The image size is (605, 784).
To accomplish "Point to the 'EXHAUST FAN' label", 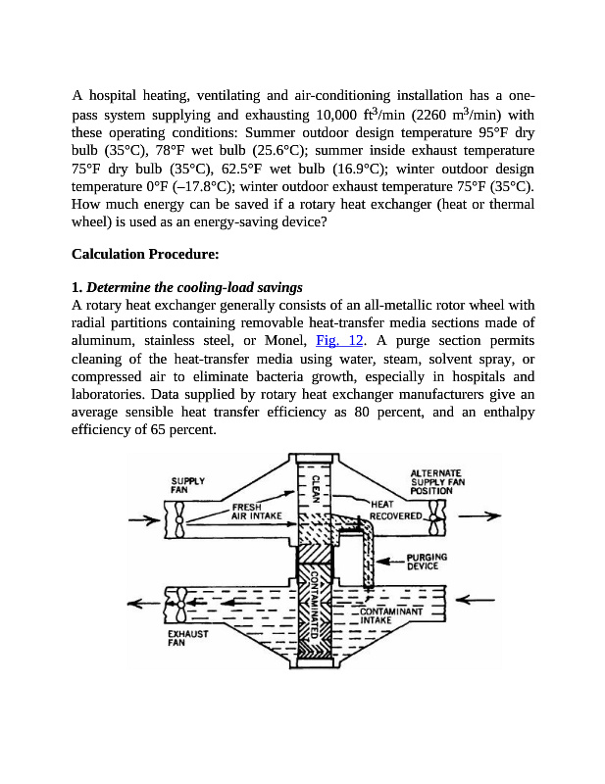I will (184, 638).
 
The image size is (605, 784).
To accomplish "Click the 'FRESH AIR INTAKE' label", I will (257, 511).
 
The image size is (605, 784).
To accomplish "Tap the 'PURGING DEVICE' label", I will (427, 562).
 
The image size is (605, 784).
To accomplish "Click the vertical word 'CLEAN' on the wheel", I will (317, 487).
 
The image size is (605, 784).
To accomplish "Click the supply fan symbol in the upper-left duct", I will (179, 519).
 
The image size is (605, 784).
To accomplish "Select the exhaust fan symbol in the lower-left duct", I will (179, 605).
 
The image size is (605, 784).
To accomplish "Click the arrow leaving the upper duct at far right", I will (479, 516).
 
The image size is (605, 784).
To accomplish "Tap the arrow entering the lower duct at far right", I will (479, 599).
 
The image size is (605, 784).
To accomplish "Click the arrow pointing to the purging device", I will (391, 562).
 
